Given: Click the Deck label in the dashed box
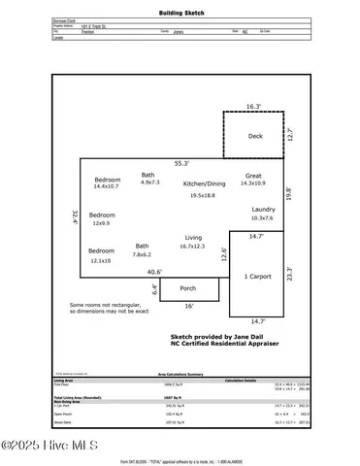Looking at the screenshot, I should [255, 137].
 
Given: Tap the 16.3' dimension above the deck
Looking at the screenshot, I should [253, 106].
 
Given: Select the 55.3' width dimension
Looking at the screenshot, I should [180, 164].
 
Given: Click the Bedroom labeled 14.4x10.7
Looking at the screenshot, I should [108, 182].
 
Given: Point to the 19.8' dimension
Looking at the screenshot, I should [287, 194].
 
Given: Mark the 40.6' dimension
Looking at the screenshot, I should [154, 271].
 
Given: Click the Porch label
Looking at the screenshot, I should [188, 287].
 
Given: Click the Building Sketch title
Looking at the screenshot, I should [180, 15].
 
